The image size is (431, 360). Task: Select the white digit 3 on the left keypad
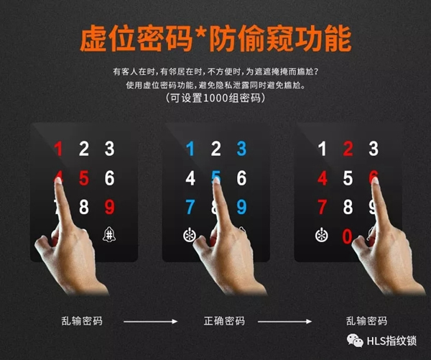[109, 149]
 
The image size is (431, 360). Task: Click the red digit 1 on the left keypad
[59, 149]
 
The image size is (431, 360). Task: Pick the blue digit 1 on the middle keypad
[190, 149]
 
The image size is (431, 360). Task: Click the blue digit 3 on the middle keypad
[241, 149]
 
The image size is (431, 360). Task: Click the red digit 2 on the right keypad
[348, 149]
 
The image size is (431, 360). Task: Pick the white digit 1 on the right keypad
[323, 149]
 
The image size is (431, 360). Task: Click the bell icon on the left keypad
[109, 234]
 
